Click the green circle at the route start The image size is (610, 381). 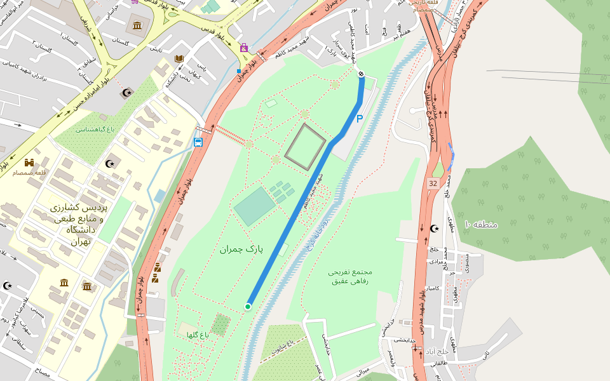248,307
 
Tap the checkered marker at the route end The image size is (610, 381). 361,75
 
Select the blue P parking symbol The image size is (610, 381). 359,119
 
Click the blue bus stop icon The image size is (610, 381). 198,142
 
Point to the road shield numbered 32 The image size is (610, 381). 433,184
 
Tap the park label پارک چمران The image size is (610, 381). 241,248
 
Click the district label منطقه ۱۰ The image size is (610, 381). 480,224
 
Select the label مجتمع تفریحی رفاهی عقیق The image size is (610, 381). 349,276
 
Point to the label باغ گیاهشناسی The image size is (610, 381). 95,130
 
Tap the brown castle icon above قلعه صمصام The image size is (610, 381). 29,162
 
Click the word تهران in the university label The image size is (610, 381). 81,241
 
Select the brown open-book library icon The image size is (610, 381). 179,59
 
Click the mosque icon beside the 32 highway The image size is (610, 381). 435,228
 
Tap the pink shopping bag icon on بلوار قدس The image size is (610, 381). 244,47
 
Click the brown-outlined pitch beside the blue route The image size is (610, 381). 305,147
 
